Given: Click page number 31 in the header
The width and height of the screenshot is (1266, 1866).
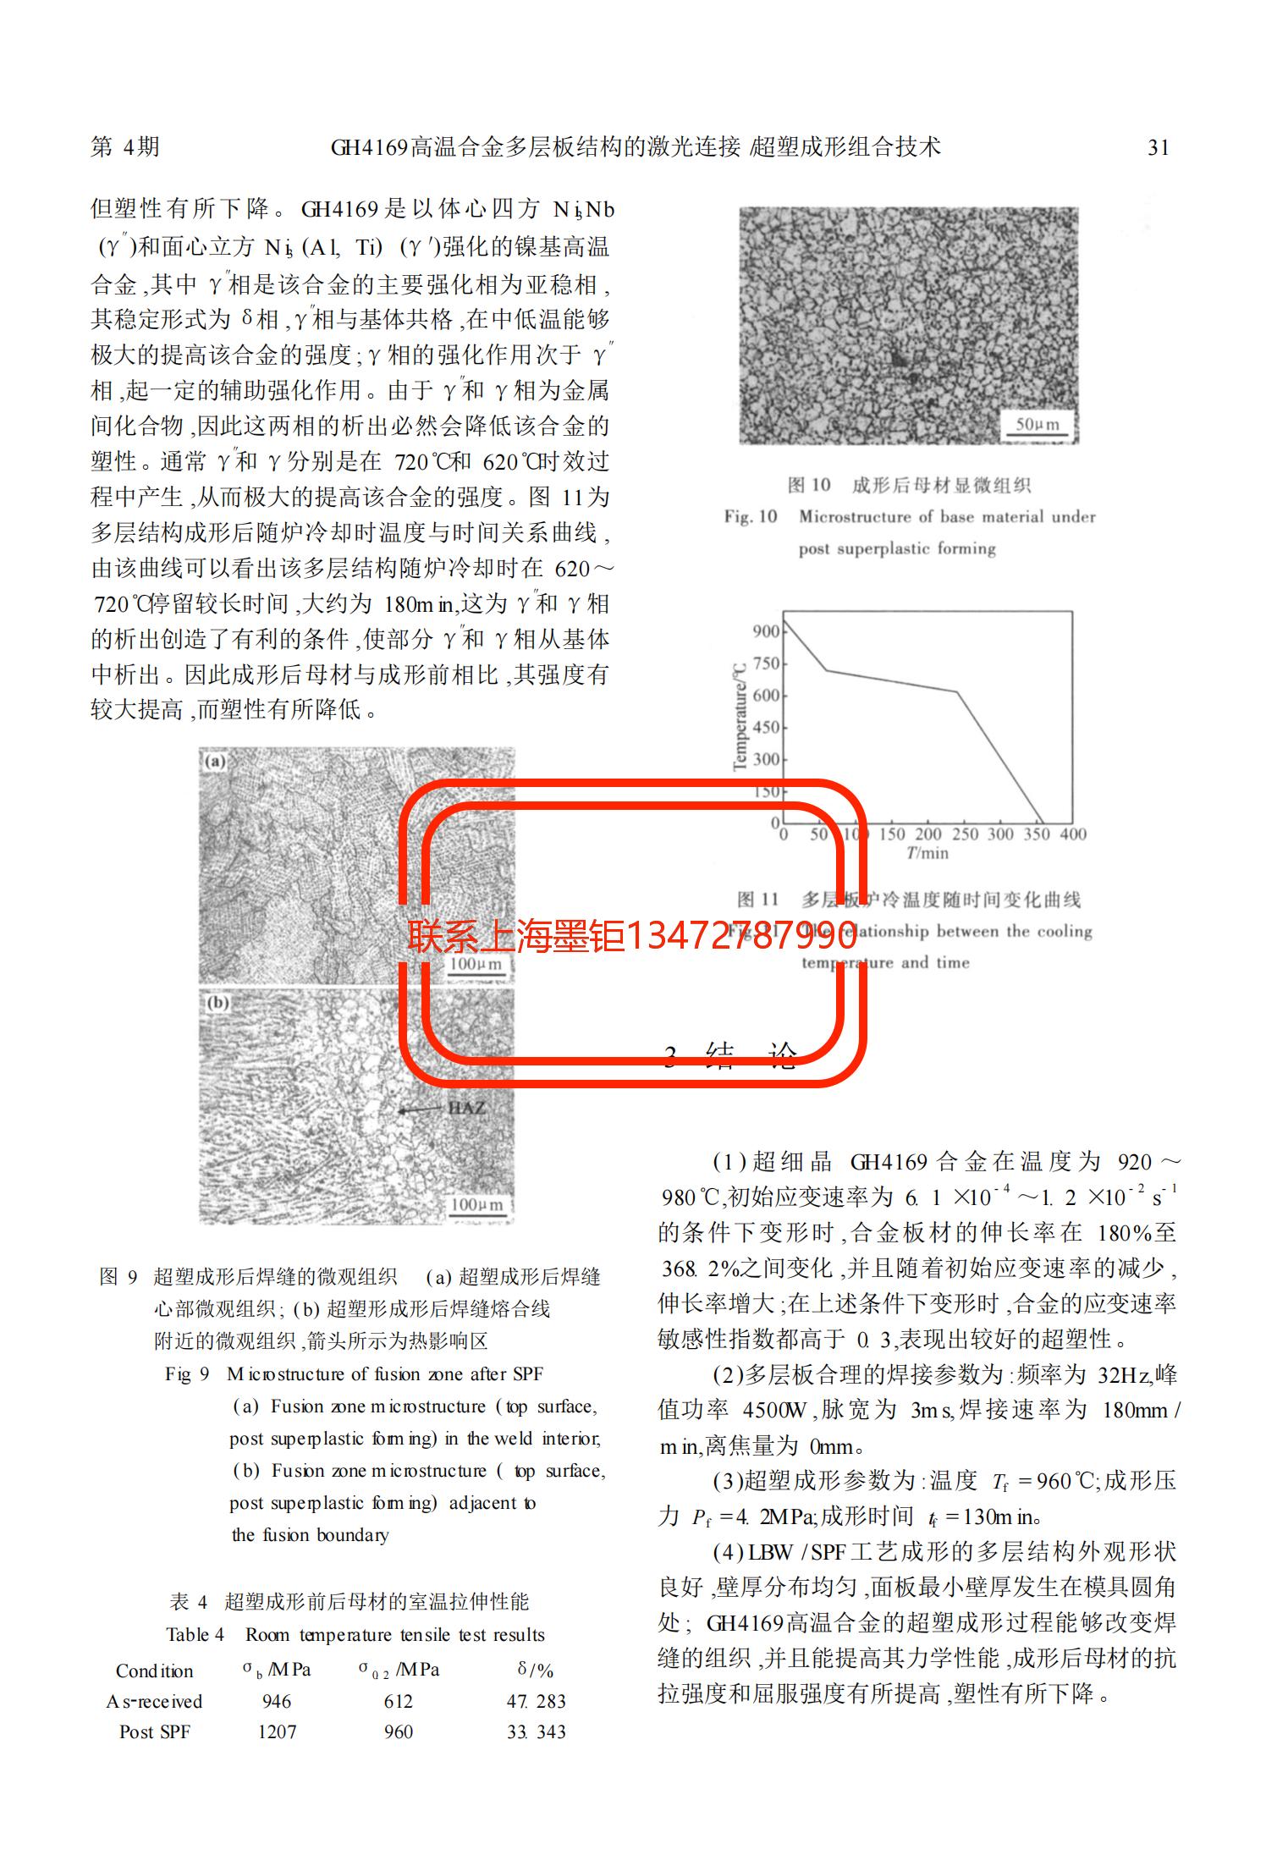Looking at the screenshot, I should (1158, 148).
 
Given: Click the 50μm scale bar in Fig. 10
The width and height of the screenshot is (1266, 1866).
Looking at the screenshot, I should (1037, 426).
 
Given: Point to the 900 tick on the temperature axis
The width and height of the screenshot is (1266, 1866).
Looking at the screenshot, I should (766, 631).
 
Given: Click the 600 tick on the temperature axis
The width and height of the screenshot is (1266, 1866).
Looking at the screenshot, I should (766, 696).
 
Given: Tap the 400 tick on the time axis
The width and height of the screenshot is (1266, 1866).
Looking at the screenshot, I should (1072, 834).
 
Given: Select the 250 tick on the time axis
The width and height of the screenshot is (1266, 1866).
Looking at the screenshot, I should (964, 834).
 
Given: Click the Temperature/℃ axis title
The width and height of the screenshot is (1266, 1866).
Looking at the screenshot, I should (741, 716).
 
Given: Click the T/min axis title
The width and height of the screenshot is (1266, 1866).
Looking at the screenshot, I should (927, 853).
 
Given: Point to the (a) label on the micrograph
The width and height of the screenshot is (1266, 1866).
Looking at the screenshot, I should (215, 762).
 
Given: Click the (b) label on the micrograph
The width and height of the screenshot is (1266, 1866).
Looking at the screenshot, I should (217, 1003).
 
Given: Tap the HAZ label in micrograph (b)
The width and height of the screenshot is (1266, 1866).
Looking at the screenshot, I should (466, 1107).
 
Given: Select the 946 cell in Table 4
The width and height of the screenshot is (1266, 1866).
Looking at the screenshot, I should (277, 1701).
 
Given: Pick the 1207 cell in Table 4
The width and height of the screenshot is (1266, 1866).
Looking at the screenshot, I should (277, 1731).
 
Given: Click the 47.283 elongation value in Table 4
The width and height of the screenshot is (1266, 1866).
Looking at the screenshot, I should (536, 1701).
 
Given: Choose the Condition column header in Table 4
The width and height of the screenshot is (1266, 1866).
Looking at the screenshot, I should (154, 1671).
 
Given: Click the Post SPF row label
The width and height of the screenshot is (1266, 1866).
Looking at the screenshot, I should (154, 1731).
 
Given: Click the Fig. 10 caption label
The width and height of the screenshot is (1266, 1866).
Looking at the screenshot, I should (750, 516).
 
